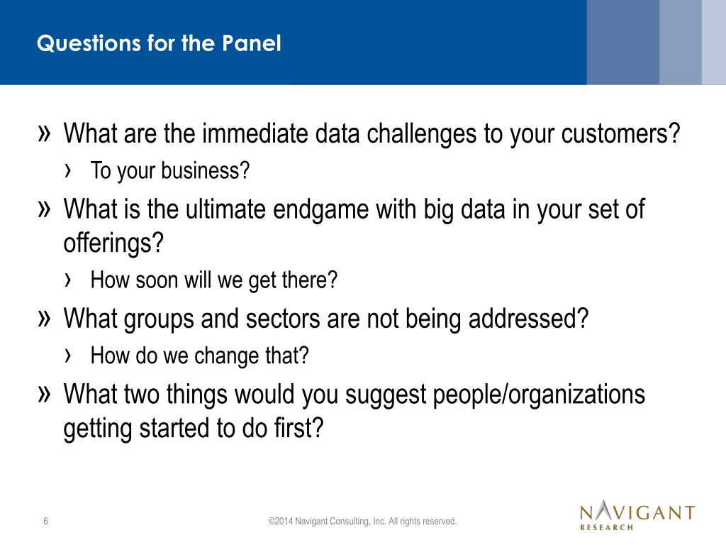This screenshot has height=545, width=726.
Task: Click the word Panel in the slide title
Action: [251, 43]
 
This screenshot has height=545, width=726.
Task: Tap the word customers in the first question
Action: [620, 133]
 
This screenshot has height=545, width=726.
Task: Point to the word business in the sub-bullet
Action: [206, 170]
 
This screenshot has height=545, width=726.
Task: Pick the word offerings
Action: [113, 243]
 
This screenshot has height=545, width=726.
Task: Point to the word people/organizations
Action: [539, 395]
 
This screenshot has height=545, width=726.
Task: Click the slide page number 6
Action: [46, 521]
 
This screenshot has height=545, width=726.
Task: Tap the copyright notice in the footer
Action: [362, 522]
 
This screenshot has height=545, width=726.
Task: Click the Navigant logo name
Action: [637, 511]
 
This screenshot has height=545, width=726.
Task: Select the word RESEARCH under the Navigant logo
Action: [607, 527]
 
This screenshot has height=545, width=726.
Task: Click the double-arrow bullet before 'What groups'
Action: [44, 319]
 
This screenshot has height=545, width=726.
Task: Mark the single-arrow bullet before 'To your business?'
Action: [68, 171]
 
